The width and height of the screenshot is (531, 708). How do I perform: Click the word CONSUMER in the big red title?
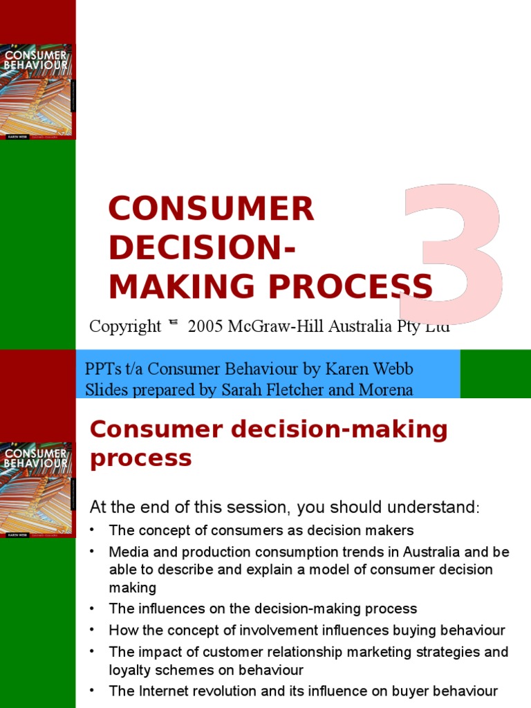click(x=211, y=209)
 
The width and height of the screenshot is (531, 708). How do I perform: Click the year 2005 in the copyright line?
click(x=205, y=327)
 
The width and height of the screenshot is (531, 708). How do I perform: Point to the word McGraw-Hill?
click(x=282, y=327)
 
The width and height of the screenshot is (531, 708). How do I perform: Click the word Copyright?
click(x=125, y=327)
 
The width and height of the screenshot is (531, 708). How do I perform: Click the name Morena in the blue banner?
click(x=386, y=390)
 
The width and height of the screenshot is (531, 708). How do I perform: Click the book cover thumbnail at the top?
click(x=37, y=91)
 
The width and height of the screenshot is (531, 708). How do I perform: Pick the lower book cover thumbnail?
click(x=37, y=490)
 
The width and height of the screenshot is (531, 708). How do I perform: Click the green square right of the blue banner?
click(x=495, y=374)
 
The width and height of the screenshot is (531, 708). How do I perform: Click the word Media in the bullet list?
click(x=126, y=552)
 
